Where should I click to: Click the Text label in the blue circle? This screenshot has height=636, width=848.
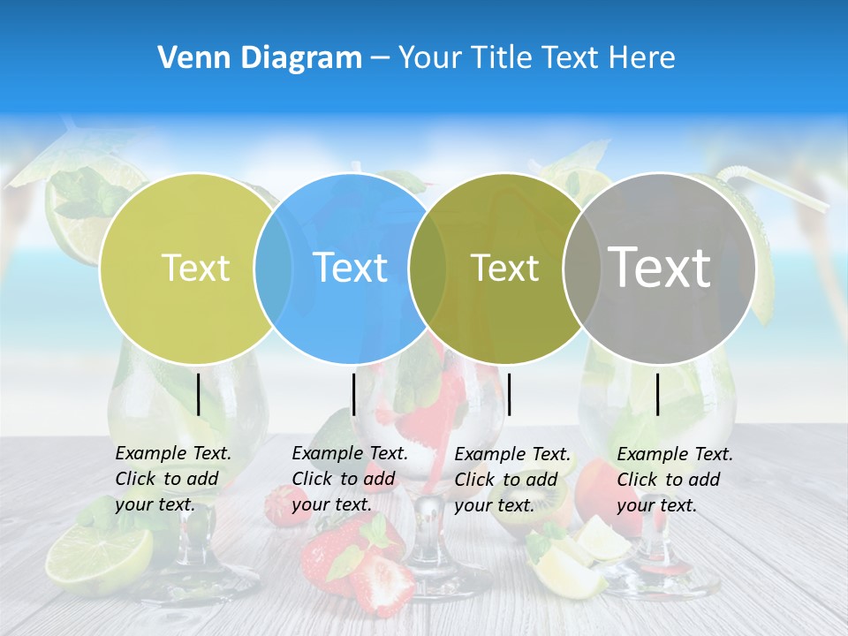pyautogui.click(x=351, y=268)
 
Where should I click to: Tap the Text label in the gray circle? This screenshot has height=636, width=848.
pyautogui.click(x=660, y=267)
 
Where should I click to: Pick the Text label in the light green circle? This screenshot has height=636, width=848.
pyautogui.click(x=196, y=268)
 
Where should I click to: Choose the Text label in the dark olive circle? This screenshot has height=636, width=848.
pyautogui.click(x=505, y=268)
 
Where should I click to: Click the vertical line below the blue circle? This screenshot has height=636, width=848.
pyautogui.click(x=353, y=394)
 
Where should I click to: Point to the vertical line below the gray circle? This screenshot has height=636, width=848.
pyautogui.click(x=658, y=394)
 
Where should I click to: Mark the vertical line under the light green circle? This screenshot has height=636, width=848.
pyautogui.click(x=199, y=394)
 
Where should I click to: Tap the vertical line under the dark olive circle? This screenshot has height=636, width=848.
pyautogui.click(x=509, y=394)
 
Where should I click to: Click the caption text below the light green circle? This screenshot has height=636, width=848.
pyautogui.click(x=173, y=479)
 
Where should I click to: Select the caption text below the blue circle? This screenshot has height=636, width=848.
pyautogui.click(x=350, y=479)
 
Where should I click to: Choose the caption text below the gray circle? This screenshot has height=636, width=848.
pyautogui.click(x=675, y=480)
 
